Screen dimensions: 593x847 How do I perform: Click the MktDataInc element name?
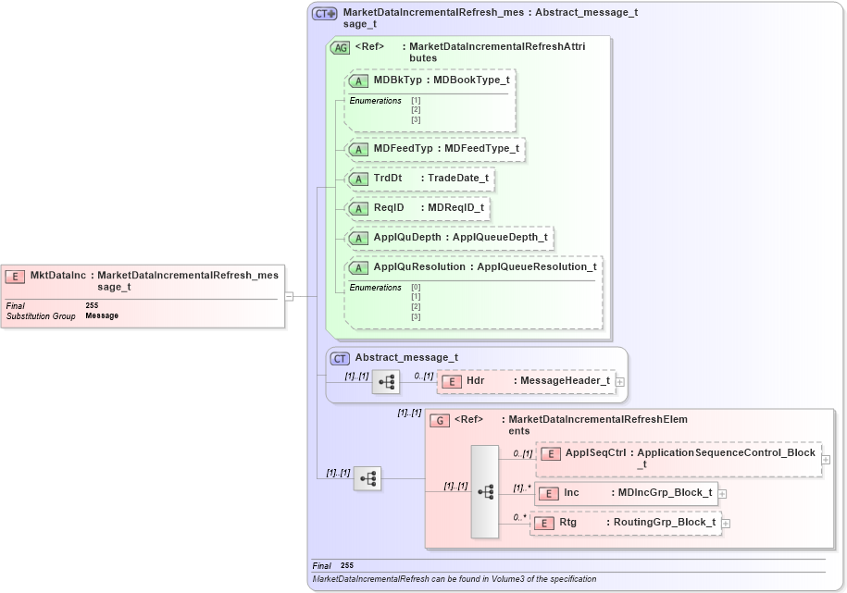[x=57, y=275]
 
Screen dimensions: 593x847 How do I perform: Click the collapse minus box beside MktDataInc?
[x=289, y=296]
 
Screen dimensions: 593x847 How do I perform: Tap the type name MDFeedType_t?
[x=481, y=148]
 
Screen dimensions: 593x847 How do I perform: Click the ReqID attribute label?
[x=389, y=208]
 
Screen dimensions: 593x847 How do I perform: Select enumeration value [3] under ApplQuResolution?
[x=416, y=316]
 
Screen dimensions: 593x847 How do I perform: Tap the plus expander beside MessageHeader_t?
[x=619, y=381]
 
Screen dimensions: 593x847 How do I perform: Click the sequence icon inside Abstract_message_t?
[x=385, y=381]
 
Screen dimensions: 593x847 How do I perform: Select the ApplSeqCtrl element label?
[x=595, y=453]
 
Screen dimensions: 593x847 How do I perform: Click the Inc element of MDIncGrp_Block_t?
[x=571, y=493]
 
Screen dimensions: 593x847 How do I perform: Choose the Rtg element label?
[x=568, y=523]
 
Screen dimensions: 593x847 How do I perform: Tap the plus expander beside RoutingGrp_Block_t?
[x=726, y=524]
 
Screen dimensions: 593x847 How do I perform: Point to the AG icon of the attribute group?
[x=340, y=47]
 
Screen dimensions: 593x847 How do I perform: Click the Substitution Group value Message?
[x=102, y=316]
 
